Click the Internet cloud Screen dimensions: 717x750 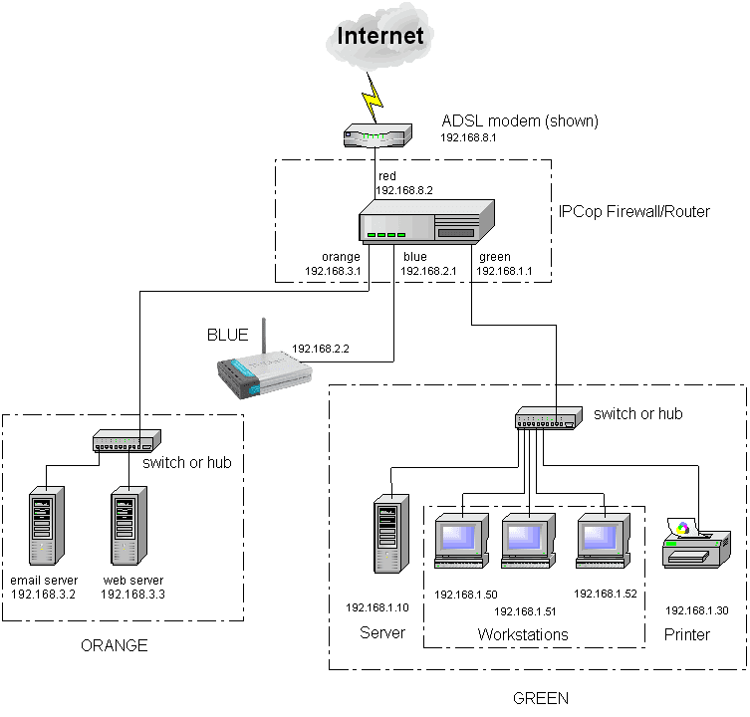(382, 37)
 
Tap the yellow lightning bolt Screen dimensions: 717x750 (374, 96)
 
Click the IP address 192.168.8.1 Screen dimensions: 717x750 (468, 139)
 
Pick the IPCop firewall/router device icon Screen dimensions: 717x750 (426, 222)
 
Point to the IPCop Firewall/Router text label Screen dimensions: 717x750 (634, 212)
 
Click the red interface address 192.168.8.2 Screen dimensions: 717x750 (403, 190)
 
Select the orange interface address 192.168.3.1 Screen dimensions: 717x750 (332, 271)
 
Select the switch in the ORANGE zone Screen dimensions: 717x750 (126, 440)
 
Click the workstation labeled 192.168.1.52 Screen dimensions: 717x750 (604, 543)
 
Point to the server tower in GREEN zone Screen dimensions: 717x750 (387, 537)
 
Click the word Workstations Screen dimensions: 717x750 (522, 634)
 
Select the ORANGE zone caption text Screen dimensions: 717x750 (114, 645)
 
